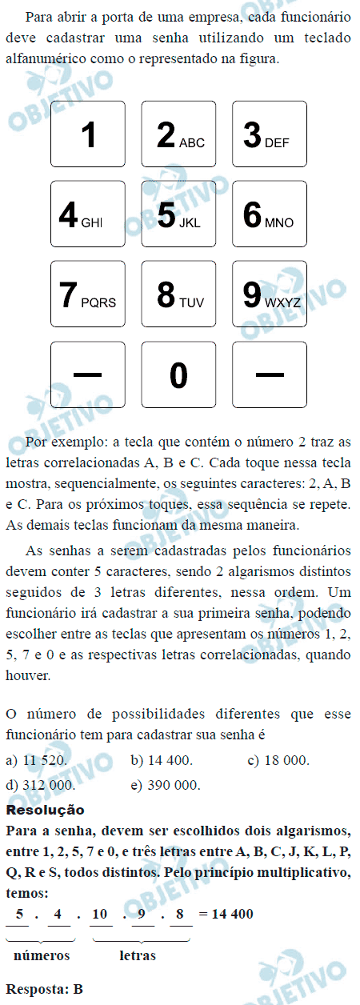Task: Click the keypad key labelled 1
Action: [88, 134]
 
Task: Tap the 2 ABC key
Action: [179, 134]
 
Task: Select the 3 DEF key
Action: [270, 134]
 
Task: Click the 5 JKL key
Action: [179, 214]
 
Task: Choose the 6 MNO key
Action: [270, 214]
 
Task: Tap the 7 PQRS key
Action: [88, 294]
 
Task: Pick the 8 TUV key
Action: [179, 294]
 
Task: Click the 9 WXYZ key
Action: [270, 294]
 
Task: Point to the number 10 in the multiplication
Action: [100, 915]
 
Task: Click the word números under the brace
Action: [42, 955]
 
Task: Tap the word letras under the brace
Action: [138, 955]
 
